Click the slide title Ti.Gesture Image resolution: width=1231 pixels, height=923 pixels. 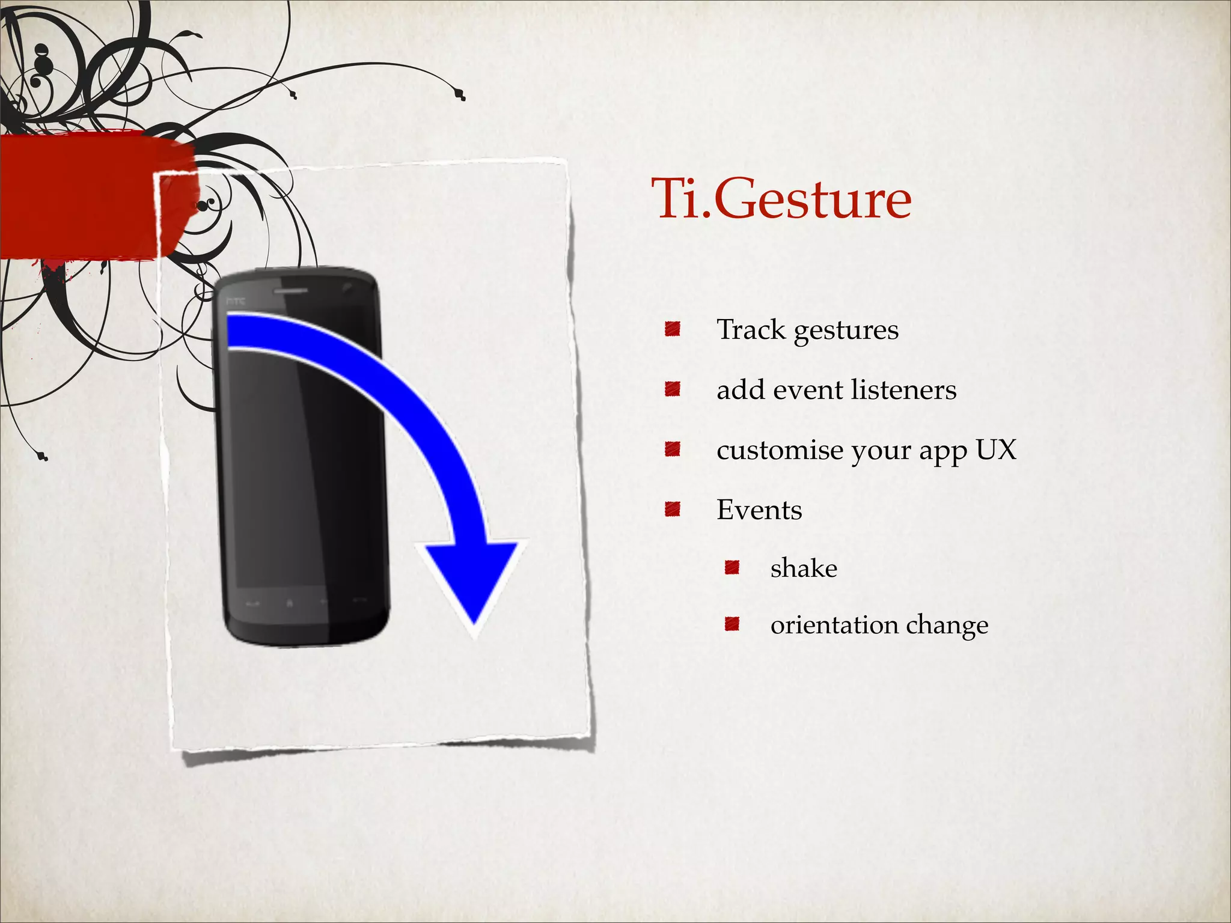click(x=781, y=198)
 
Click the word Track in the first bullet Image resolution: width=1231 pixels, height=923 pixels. click(x=751, y=329)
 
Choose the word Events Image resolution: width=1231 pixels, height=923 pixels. click(x=759, y=510)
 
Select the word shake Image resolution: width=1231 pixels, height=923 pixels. click(x=804, y=568)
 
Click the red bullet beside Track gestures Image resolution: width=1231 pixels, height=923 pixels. click(x=672, y=329)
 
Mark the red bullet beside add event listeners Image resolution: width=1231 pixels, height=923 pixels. click(x=672, y=389)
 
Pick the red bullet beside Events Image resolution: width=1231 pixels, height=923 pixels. click(x=672, y=510)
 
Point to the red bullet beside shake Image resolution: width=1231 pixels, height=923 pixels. click(x=732, y=567)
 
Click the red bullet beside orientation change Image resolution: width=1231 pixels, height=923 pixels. click(x=732, y=624)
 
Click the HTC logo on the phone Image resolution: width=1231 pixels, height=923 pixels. click(x=236, y=300)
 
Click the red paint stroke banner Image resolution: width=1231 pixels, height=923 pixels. click(x=90, y=195)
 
